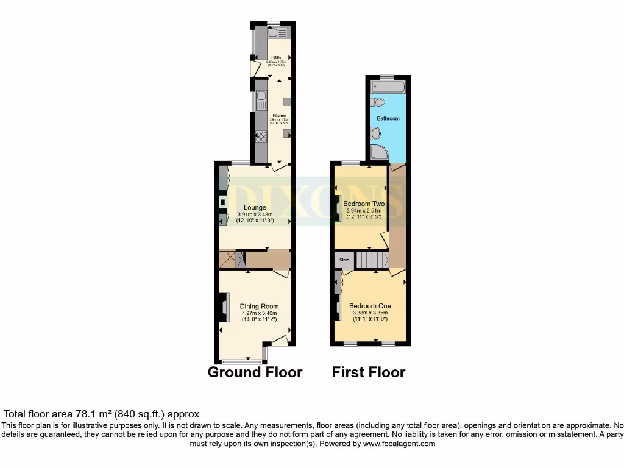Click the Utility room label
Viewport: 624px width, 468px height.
pos(275,58)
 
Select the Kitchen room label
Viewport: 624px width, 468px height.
pos(279,115)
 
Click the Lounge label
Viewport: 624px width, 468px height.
pos(255,208)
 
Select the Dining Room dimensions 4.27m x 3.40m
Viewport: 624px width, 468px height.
pos(259,314)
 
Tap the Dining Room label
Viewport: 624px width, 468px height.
pos(259,307)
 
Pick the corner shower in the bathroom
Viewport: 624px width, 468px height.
pos(378,152)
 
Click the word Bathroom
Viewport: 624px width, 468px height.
pos(388,118)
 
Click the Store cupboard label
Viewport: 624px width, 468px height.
pos(344,260)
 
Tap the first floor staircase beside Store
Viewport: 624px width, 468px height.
pos(372,260)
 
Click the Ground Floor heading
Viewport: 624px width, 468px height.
pos(255,372)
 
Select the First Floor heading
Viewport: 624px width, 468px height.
pos(368,372)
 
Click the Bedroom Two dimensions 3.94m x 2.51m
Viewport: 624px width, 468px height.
pos(363,211)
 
